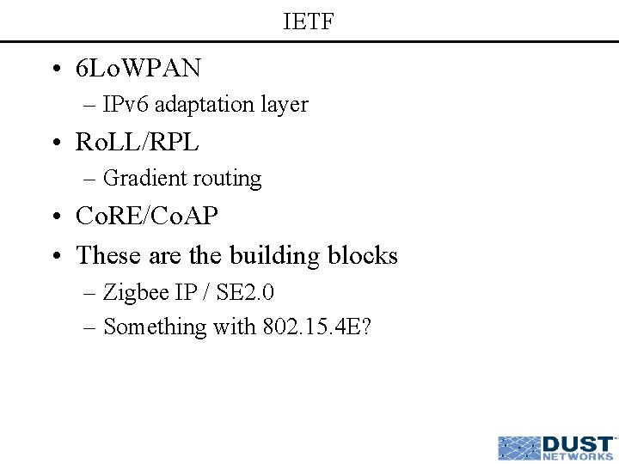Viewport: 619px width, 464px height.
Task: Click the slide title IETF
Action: click(309, 21)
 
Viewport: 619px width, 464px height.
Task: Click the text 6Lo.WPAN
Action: click(138, 67)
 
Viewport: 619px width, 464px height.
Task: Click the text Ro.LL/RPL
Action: click(138, 142)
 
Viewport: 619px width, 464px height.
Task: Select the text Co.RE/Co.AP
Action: click(147, 216)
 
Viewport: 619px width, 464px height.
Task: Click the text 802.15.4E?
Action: click(316, 327)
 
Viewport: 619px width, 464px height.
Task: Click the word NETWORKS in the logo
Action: click(579, 457)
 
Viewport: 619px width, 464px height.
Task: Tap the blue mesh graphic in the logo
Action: click(519, 449)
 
